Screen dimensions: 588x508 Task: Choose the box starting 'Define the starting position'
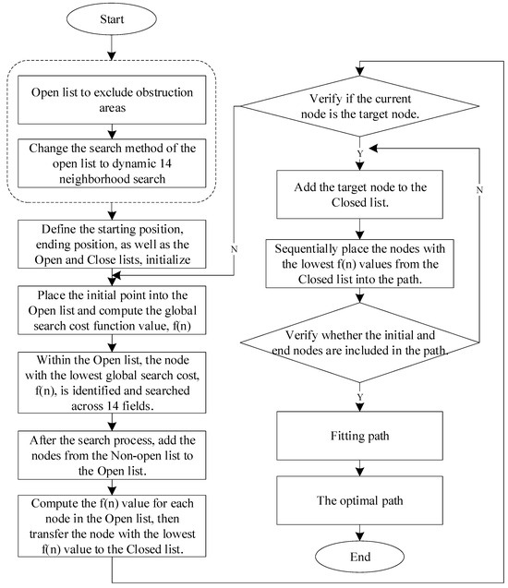(111, 245)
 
